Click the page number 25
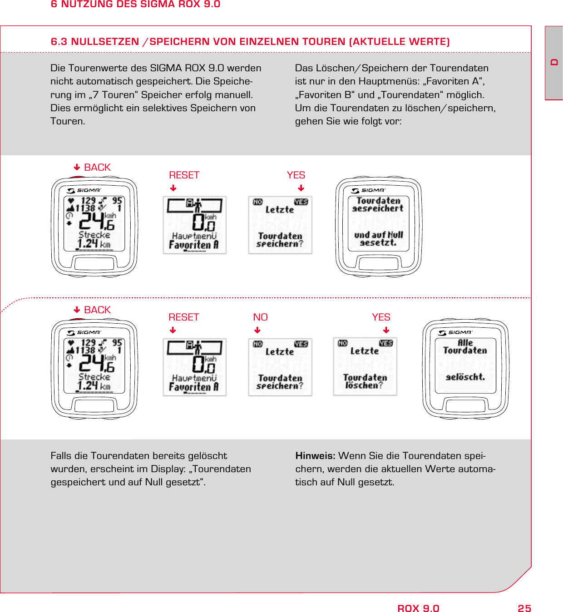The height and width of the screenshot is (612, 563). point(524,608)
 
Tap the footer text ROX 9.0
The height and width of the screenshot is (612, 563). point(418,608)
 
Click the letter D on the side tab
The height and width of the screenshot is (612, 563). point(554,62)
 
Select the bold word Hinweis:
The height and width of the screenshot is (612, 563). point(315,456)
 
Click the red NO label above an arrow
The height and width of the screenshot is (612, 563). point(260,317)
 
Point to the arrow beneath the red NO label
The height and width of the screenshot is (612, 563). point(257,331)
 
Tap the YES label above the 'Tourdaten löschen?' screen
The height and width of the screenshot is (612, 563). point(381,317)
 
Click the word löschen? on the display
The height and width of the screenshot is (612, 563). point(364,385)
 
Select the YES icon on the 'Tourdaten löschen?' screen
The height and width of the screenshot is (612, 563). point(386,344)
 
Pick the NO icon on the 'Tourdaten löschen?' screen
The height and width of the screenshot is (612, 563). point(343,344)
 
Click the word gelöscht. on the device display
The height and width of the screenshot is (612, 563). point(465,377)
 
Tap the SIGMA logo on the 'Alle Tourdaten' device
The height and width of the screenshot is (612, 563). point(455,333)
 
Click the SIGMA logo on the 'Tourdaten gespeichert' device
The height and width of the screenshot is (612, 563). point(368,191)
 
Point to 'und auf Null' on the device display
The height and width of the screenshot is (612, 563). point(379,235)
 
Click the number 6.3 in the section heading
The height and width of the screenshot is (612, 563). point(59,42)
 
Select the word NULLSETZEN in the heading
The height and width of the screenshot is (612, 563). point(105,42)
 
